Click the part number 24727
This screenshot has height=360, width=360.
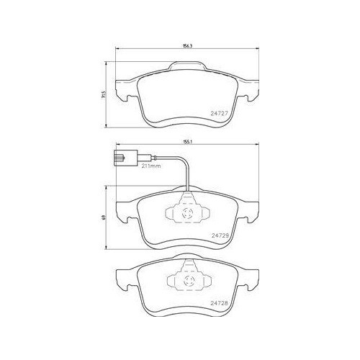(219, 113)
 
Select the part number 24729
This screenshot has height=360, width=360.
(220, 235)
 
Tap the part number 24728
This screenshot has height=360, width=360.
(219, 303)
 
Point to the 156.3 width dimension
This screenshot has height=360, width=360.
(187, 46)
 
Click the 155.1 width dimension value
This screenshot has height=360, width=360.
(187, 142)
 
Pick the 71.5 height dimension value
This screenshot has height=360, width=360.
(104, 94)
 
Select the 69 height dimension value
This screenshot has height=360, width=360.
(104, 217)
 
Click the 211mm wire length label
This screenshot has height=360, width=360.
(150, 166)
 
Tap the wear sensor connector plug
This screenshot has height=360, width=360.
(125, 158)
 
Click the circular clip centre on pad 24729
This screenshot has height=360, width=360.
(187, 213)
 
